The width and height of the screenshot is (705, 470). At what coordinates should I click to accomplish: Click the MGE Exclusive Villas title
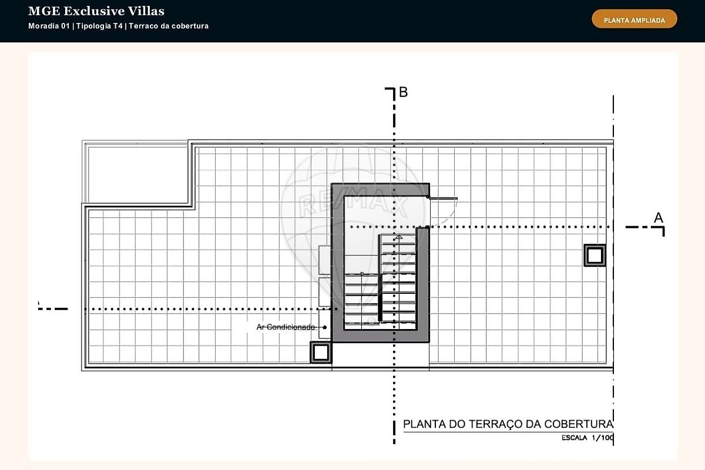96,11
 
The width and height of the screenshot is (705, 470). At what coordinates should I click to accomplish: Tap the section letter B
403,92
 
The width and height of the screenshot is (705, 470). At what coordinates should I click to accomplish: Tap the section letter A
659,217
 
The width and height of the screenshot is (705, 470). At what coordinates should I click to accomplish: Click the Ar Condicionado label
286,327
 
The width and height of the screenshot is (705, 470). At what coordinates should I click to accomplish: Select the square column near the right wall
595,256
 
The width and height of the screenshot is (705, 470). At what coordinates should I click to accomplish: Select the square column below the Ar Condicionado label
321,352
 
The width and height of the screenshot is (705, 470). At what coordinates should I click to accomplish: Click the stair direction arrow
399,237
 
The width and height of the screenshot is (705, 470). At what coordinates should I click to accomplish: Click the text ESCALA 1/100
587,438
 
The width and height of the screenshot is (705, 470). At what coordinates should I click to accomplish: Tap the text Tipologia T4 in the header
99,26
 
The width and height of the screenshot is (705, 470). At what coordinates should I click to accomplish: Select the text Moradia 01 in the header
49,26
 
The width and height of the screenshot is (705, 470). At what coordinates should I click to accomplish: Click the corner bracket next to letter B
390,94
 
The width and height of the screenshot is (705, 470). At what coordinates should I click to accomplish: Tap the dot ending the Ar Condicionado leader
325,327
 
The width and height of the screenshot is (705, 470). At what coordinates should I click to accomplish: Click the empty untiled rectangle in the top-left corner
137,174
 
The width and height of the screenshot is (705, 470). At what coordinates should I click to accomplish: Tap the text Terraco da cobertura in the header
169,26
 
